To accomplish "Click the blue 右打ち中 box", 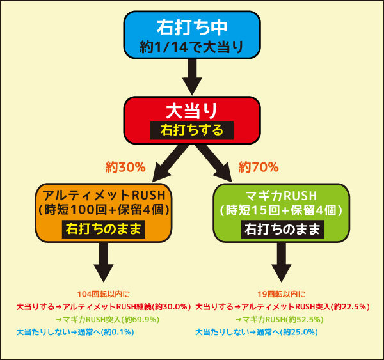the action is coord(192,35).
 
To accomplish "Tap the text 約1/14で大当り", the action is coord(191,47).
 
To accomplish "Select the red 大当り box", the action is coord(192,120).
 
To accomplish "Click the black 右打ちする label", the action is coord(192,130).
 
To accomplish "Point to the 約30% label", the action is coord(125,168).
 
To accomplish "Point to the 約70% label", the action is coord(259,168).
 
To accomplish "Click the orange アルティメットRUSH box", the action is coord(104,213).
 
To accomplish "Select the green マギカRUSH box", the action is coord(282,213).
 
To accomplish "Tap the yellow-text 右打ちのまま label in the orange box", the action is coord(104,229).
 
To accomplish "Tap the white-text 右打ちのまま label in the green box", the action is coord(282,229).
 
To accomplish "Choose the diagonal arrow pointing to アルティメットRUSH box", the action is coord(170,163).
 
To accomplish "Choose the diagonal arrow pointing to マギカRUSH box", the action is coord(214,163).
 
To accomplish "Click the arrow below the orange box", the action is coord(104,262).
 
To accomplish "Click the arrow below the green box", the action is coord(282,262).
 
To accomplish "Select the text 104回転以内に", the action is coord(104,294).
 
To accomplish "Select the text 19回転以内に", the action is coord(282,294).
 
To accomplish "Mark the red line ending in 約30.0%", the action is coord(104,307).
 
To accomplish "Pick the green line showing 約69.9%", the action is coord(108,320).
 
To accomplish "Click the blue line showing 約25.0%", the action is coord(257,333).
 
